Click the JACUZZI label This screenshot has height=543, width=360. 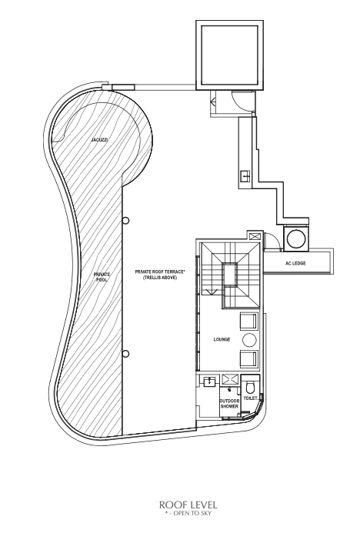[99, 140]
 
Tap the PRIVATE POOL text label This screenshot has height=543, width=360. [102, 277]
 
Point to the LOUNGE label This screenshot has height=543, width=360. [222, 339]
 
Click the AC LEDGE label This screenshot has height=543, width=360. [295, 264]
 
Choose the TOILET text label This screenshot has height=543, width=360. [250, 398]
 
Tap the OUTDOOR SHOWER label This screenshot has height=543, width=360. [229, 404]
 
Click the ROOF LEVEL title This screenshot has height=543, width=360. [188, 505]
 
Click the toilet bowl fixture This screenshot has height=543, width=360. [250, 386]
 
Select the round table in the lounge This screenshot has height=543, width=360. [249, 340]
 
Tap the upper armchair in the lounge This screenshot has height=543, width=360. [249, 321]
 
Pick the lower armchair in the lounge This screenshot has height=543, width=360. [249, 358]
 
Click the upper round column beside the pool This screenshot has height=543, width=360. [126, 220]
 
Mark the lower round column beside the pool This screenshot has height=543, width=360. [126, 354]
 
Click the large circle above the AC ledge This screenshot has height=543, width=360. [296, 238]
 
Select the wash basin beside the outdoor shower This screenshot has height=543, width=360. [210, 381]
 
